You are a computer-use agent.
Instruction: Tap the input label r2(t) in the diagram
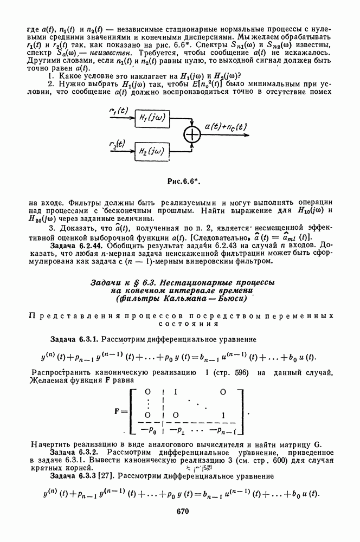117,145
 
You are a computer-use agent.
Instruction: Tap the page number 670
182,511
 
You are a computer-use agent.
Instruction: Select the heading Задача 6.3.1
74,340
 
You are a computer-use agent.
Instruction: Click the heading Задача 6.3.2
74,451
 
